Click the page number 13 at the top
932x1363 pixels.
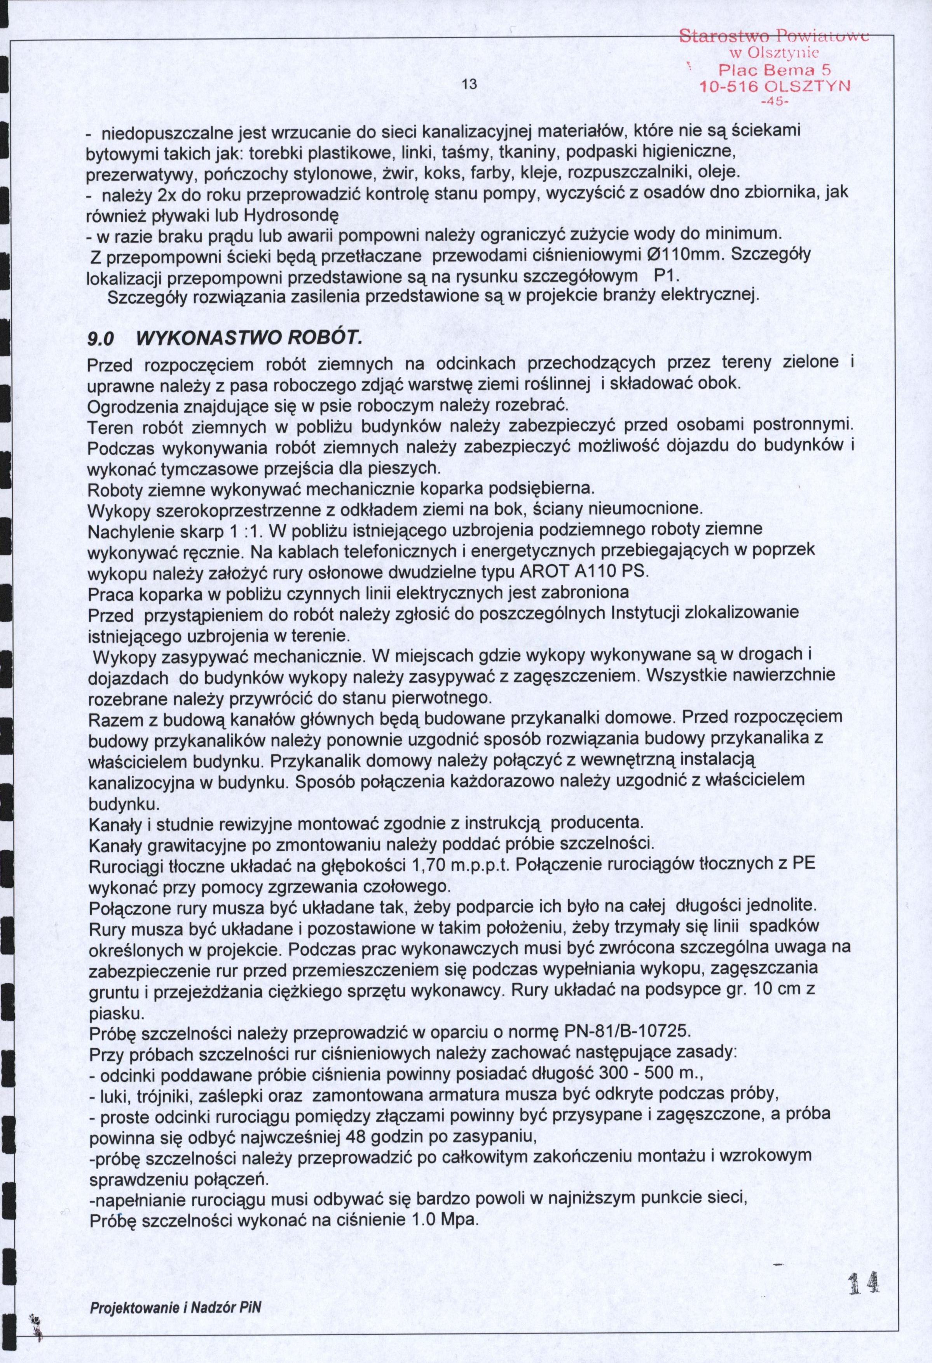pyautogui.click(x=468, y=84)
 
